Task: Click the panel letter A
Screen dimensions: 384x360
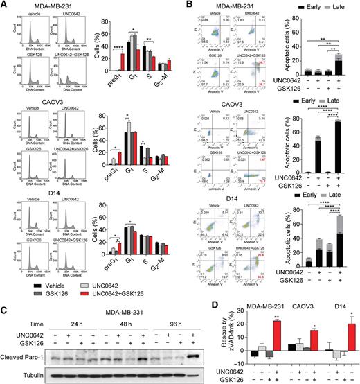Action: pyautogui.click(x=4, y=5)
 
